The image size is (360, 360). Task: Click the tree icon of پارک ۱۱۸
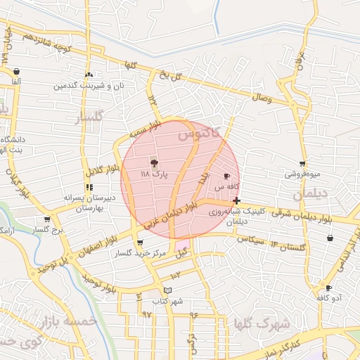click(x=154, y=162)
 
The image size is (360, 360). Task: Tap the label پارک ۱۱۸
click(x=155, y=174)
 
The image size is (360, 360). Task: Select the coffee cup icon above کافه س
click(x=226, y=176)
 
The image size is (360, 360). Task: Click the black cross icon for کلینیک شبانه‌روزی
click(x=236, y=200)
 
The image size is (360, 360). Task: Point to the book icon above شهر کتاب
click(x=167, y=290)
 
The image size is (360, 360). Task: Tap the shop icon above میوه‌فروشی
click(x=302, y=164)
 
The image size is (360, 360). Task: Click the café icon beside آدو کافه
click(x=328, y=288)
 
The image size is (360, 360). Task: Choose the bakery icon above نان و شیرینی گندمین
click(x=89, y=75)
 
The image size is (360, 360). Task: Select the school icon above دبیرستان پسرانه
click(x=89, y=187)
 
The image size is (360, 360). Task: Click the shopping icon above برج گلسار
click(x=47, y=219)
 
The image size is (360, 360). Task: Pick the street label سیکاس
click(x=251, y=240)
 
